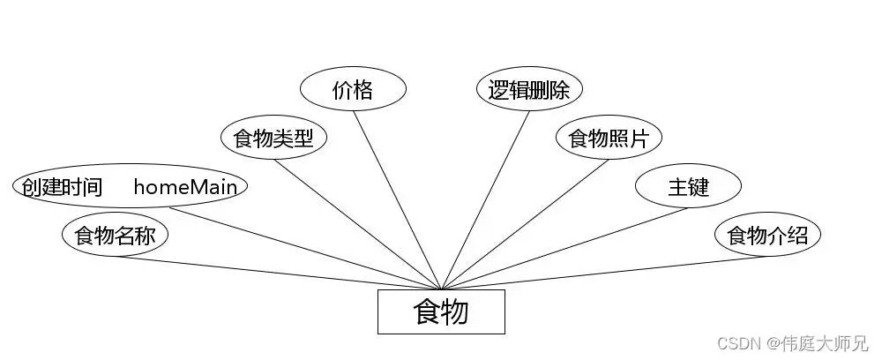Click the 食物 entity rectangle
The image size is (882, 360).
pos(441,311)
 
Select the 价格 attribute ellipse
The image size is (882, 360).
pos(353,89)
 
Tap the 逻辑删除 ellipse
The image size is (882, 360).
pos(529,89)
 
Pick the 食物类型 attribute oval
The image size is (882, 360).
pos(273,138)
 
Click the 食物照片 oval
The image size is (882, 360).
pos(609,138)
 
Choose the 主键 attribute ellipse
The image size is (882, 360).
pos(688,186)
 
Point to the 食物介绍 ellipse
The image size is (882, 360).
pos(767,236)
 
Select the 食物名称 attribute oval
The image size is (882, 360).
pos(115,236)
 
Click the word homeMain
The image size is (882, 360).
pos(186,186)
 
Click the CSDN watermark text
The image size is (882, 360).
pos(736,342)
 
